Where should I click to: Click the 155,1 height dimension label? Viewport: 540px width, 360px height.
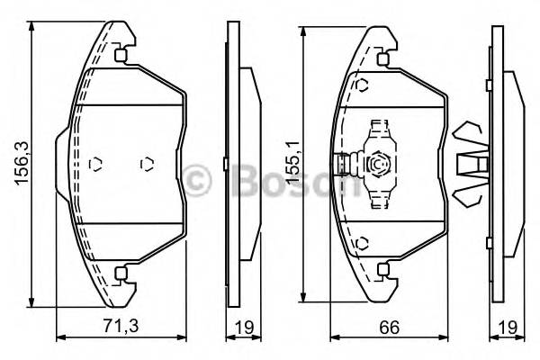(x=290, y=162)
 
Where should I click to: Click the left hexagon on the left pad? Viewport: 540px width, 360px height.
(x=97, y=165)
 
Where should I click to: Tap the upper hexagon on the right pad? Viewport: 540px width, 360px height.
(x=362, y=85)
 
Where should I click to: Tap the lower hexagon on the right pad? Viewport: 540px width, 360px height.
(x=362, y=243)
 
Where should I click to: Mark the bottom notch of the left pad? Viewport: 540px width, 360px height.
(x=123, y=272)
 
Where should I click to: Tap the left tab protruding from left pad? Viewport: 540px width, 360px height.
(x=62, y=165)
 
